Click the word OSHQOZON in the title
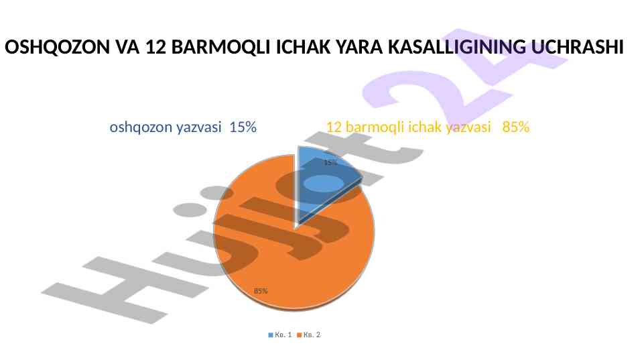click(57, 47)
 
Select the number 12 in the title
click(155, 47)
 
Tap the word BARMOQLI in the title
click(221, 47)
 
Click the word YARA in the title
click(359, 47)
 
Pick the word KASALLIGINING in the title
click(457, 47)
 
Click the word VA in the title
click(128, 47)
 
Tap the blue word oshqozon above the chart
click(141, 127)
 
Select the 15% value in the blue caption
click(243, 127)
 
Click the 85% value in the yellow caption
click(516, 127)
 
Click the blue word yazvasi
click(199, 127)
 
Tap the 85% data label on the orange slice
click(261, 291)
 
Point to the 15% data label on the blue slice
click(330, 163)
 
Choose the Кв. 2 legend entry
click(308, 335)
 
